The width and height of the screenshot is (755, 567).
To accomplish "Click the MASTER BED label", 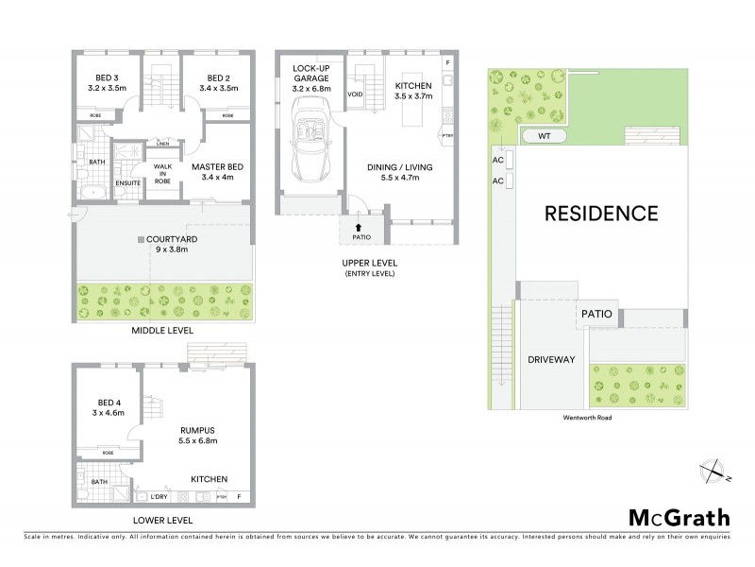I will (x=217, y=173).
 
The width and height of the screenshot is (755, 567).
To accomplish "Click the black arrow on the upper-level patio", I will (x=358, y=227).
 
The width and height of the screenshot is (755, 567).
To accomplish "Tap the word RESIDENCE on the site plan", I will (x=600, y=214).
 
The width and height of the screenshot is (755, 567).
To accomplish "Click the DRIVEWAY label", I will (x=552, y=360).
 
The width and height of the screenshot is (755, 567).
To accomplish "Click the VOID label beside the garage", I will (x=355, y=94).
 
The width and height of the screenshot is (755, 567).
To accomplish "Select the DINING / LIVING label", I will (x=400, y=173).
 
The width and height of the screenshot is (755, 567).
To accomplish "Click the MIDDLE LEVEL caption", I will (x=163, y=331).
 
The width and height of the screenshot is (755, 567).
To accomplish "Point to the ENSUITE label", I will (x=126, y=183).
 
